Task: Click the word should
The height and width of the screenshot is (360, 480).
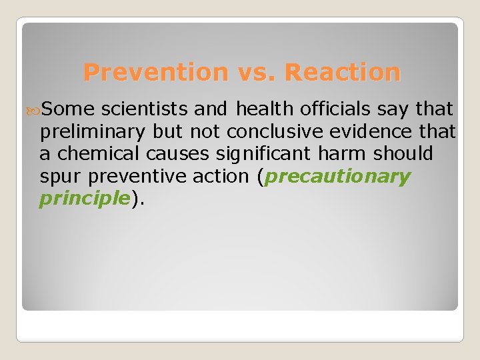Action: click(403, 154)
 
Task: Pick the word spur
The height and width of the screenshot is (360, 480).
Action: click(61, 177)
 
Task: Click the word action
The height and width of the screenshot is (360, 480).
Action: click(220, 177)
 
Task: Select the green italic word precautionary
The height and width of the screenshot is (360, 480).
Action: click(339, 177)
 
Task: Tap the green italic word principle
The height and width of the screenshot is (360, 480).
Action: click(84, 199)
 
